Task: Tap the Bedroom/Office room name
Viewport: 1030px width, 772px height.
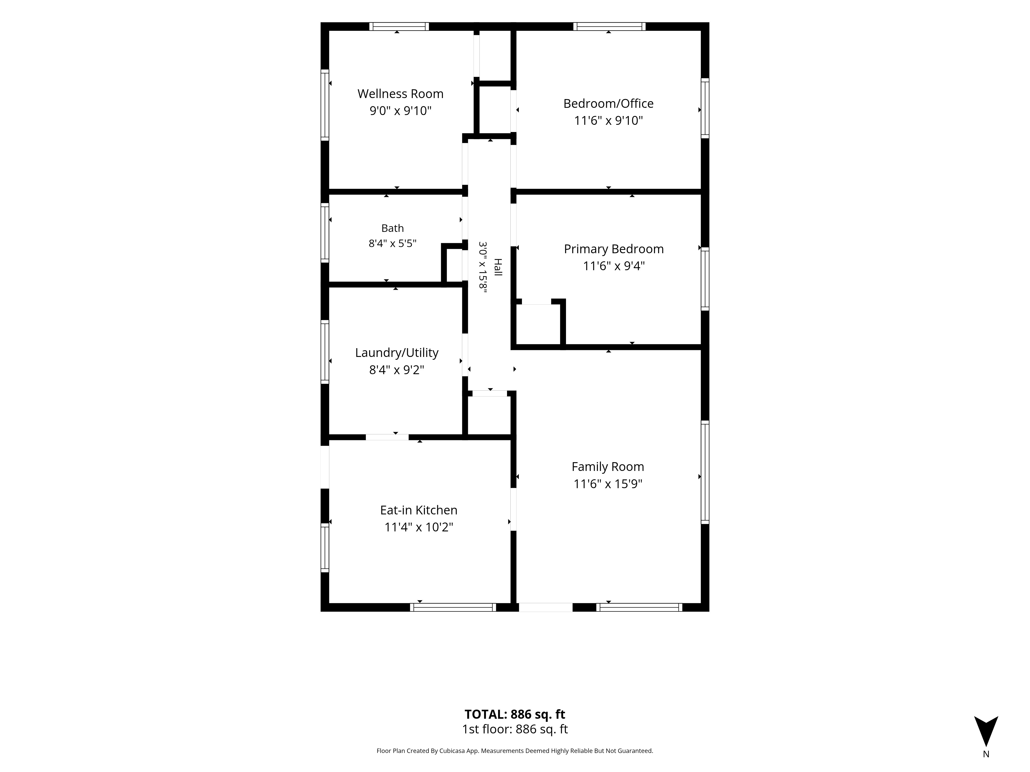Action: pos(608,104)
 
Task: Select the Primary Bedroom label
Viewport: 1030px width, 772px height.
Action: pos(614,249)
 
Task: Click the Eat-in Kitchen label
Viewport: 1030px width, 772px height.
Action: pos(419,511)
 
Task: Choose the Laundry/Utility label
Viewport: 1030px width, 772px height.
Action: pos(397,353)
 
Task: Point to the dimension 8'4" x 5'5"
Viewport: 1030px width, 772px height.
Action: pos(392,243)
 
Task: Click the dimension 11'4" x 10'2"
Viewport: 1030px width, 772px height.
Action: pos(419,527)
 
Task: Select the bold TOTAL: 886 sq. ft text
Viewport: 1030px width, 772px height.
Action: pos(514,714)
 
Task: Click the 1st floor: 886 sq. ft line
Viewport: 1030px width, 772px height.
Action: pos(514,729)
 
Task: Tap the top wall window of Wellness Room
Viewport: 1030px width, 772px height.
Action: pos(399,27)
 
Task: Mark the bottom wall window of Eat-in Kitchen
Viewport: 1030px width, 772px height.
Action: pos(453,607)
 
